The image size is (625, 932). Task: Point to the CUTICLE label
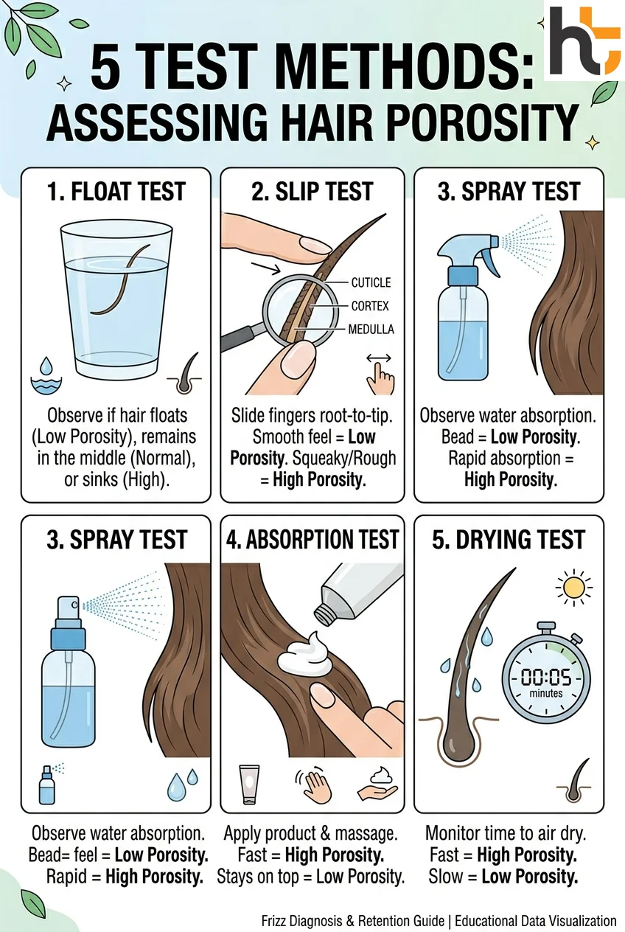point(371,282)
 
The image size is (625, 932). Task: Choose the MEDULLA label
point(370,330)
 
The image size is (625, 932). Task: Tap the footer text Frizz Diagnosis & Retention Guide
point(353,920)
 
